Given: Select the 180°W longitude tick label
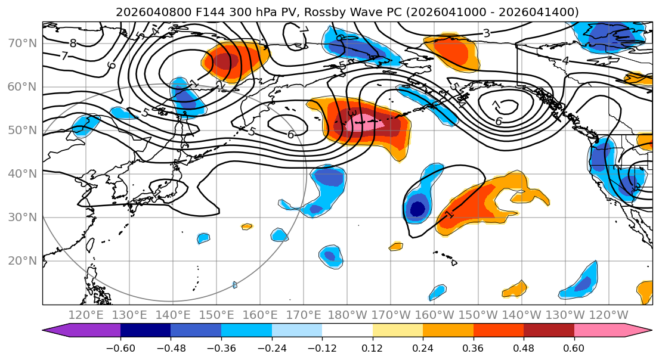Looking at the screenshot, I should click(x=347, y=315).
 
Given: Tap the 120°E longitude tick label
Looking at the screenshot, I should click(x=86, y=315).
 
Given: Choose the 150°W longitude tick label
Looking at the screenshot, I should click(x=478, y=315).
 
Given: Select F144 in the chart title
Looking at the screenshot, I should click(x=191, y=12).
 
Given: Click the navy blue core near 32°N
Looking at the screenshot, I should click(x=417, y=209).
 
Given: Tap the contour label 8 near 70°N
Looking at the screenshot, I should click(x=73, y=43).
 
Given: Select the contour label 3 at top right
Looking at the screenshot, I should click(x=486, y=33).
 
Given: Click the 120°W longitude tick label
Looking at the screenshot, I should click(x=608, y=315).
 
